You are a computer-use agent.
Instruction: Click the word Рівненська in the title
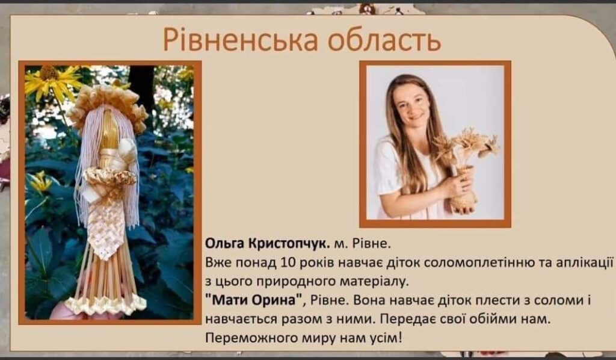coord(240,39)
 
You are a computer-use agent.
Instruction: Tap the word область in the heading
coord(384,39)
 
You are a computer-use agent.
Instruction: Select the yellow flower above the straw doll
coord(50,80)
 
